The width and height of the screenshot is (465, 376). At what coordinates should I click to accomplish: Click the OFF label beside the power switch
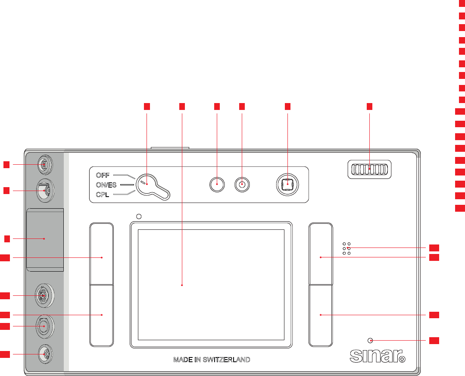[103, 175]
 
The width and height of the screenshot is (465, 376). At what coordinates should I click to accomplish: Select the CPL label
[103, 194]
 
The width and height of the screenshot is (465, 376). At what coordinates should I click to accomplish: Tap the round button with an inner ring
[242, 185]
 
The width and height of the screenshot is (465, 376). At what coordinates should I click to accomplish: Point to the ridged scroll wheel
[369, 169]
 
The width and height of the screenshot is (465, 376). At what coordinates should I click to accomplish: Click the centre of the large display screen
[211, 285]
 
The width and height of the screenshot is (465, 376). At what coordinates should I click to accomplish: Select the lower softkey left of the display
[102, 315]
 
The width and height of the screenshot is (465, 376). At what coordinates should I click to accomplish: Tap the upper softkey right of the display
[321, 253]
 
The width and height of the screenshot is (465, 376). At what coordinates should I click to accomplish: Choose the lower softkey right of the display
[321, 315]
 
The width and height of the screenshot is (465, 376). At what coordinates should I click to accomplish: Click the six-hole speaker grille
[346, 248]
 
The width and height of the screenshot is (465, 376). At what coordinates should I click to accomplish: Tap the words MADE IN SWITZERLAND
[212, 359]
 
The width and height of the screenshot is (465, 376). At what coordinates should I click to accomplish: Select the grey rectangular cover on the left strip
[45, 240]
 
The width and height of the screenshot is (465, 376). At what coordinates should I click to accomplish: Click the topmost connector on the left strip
[44, 164]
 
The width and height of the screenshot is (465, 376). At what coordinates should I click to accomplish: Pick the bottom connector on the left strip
[44, 354]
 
